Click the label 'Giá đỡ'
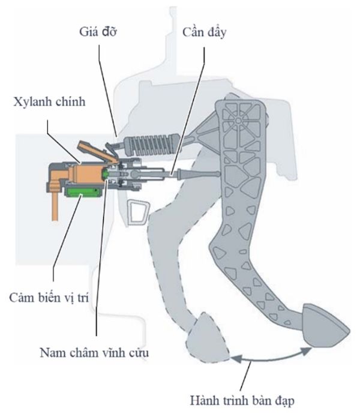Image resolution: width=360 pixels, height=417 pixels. pos(97,31)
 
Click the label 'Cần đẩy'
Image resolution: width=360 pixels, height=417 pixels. pos(204,31)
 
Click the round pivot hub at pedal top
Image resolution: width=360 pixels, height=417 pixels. pos(239,120)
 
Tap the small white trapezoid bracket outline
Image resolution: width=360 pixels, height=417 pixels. pos(138,212)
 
